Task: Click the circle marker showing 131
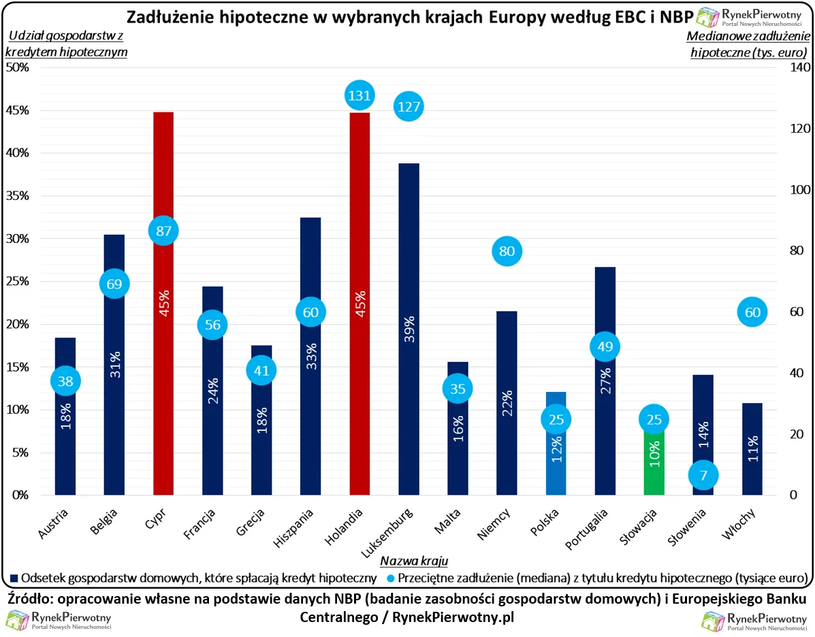pos(359,95)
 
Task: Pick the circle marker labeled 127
pos(409,106)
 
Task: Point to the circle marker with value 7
pos(703,474)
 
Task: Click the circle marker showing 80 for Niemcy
pos(507,251)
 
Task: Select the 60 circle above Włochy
pos(752,312)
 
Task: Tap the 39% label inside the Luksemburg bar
pos(409,330)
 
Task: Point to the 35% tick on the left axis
pos(18,196)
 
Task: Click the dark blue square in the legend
pos(14,578)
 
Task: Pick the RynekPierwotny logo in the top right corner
pos(749,16)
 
